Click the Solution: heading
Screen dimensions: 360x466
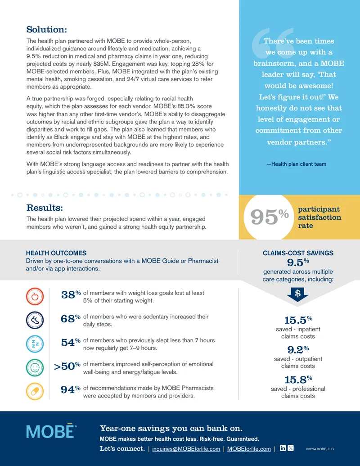(x=47, y=29)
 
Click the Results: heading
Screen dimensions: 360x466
(x=45, y=208)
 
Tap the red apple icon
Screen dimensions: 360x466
(x=35, y=296)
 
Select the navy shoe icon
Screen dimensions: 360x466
(x=35, y=320)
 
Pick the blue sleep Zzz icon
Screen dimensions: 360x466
(x=35, y=344)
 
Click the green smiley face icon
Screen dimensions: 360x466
(x=35, y=368)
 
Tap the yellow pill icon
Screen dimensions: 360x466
(x=35, y=391)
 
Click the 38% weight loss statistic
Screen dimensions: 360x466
(x=71, y=294)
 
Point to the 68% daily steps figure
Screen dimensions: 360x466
(x=71, y=319)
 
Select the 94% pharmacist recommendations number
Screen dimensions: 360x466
(x=71, y=389)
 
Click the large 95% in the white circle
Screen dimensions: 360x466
(x=270, y=217)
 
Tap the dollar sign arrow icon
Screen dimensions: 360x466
(x=297, y=294)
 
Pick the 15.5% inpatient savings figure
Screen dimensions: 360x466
(x=298, y=320)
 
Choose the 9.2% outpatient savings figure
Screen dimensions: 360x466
(x=298, y=349)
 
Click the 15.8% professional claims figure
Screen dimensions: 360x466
(x=298, y=380)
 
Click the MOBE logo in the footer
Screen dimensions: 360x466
(x=51, y=431)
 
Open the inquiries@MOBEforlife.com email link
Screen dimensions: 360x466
(x=186, y=449)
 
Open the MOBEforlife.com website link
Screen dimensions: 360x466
(x=249, y=449)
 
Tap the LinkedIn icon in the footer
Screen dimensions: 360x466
(x=283, y=448)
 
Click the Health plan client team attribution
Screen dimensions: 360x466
(x=297, y=164)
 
